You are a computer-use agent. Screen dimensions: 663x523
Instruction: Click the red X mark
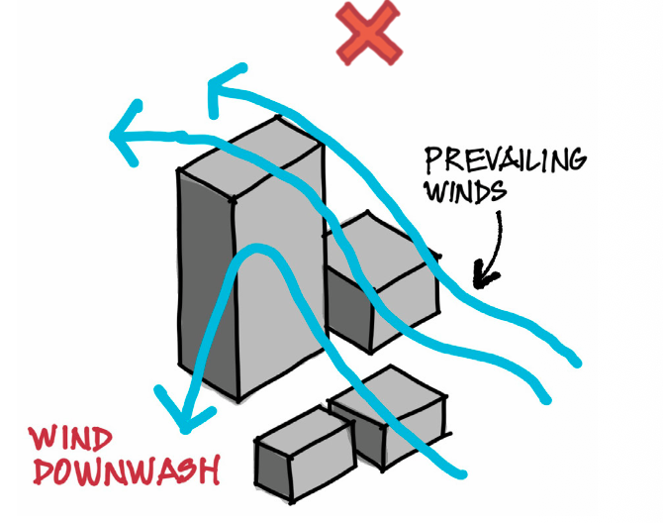coord(369,33)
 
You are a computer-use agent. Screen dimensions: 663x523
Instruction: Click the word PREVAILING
coord(506,160)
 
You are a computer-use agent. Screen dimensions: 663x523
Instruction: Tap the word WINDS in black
coord(465,191)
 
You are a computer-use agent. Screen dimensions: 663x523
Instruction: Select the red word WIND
coord(70,438)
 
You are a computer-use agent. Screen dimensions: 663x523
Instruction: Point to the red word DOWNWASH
coord(127,470)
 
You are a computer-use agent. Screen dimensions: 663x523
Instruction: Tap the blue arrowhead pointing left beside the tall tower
coord(125,135)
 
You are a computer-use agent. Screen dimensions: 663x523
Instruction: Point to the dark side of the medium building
coord(349,309)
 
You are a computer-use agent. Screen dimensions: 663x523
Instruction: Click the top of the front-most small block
coord(305,432)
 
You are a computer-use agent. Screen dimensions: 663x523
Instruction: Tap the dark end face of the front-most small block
coord(273,470)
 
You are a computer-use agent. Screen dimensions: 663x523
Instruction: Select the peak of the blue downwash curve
coord(256,250)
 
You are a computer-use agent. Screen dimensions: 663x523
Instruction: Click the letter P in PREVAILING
coord(433,160)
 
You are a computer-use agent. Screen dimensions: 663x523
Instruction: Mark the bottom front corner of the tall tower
coord(238,400)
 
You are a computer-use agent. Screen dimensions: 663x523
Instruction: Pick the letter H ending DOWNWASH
coord(211,471)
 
